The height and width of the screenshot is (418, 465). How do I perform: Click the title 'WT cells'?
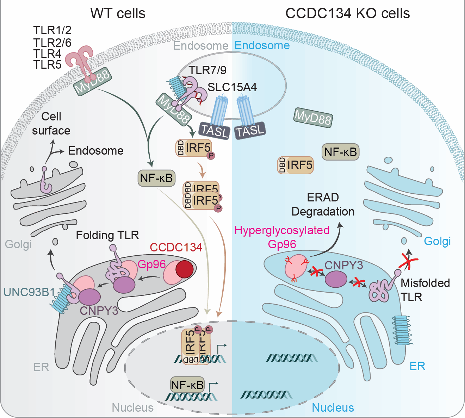click(118, 13)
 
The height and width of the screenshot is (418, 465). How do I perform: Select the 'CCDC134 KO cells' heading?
click(347, 13)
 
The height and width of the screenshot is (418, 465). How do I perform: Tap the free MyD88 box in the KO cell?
click(313, 118)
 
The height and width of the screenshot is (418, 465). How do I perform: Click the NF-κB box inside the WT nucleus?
click(187, 385)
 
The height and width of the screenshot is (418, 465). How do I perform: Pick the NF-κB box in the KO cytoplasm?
click(340, 152)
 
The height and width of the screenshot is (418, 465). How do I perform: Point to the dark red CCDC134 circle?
click(184, 269)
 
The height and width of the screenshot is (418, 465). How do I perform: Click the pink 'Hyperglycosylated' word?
click(282, 230)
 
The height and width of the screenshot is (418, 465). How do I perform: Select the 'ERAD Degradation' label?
click(323, 204)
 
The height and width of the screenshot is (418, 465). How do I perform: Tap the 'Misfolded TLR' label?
click(425, 289)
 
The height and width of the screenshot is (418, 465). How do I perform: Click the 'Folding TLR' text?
click(107, 235)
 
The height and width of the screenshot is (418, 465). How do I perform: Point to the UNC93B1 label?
click(29, 292)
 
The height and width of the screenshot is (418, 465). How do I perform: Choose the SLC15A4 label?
click(232, 87)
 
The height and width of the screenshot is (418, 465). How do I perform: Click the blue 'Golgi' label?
click(437, 241)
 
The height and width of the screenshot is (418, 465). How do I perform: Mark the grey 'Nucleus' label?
click(132, 407)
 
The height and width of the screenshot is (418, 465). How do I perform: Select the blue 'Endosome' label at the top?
click(262, 45)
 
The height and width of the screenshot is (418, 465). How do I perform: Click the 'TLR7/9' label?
click(207, 70)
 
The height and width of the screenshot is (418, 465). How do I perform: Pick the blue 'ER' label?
click(417, 366)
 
